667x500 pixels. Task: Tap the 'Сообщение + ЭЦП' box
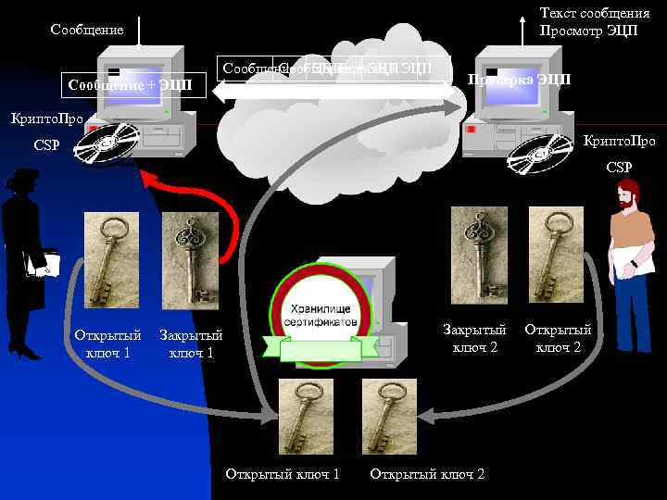(131, 85)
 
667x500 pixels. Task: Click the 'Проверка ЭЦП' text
(519, 79)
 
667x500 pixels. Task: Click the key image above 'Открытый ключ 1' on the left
(111, 259)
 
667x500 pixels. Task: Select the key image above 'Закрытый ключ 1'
(190, 259)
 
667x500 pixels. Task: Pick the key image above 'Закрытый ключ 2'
(479, 255)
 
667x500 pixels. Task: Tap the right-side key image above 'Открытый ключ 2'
(556, 255)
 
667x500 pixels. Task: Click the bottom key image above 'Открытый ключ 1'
(308, 416)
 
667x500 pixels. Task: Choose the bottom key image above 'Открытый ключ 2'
(389, 416)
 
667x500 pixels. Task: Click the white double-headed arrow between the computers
(333, 92)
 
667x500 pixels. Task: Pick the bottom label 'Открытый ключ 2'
(427, 474)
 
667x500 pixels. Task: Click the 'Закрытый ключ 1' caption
(192, 344)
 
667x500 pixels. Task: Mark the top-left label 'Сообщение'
(87, 30)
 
